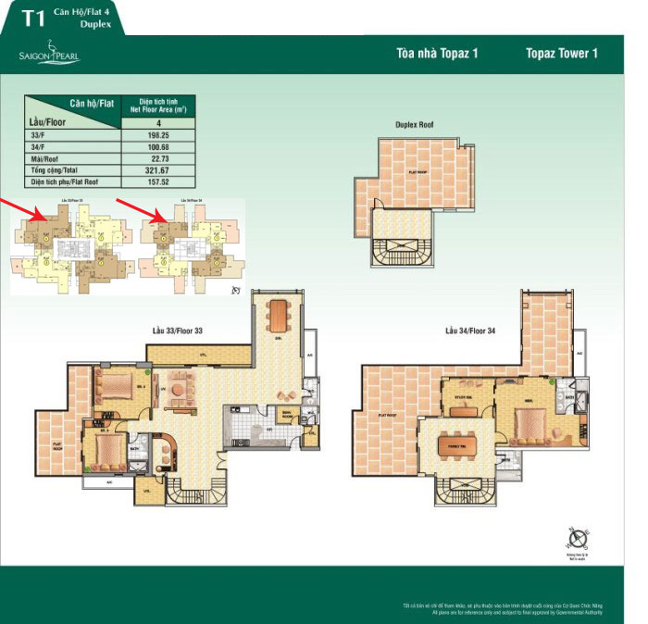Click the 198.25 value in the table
point(158,134)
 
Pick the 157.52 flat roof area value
point(158,182)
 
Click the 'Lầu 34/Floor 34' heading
point(473,331)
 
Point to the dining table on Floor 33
point(277,316)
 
